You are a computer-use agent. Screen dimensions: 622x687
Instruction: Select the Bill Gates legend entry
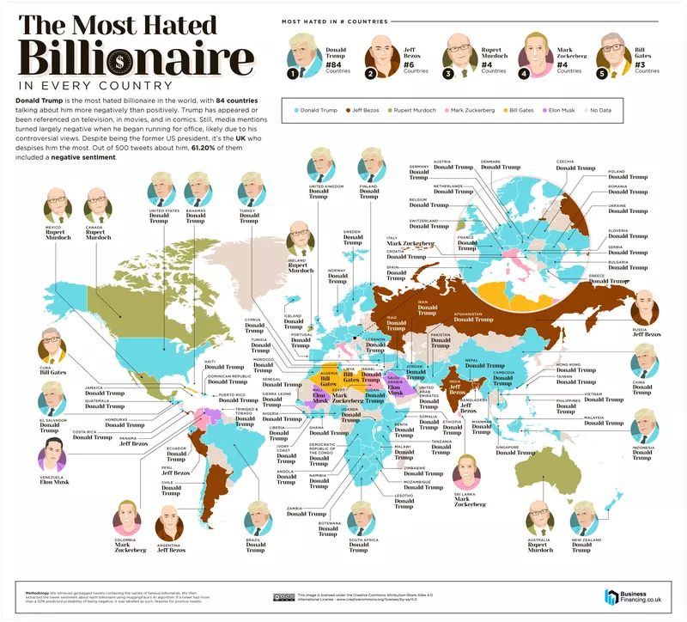522,110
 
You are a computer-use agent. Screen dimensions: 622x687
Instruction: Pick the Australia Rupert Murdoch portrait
540,518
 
